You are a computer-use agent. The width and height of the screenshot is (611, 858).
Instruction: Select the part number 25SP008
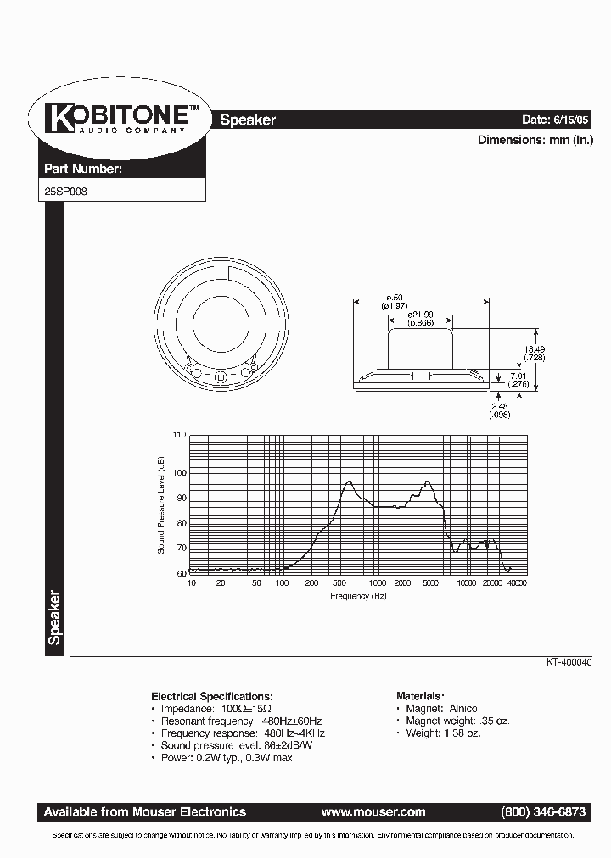coord(64,192)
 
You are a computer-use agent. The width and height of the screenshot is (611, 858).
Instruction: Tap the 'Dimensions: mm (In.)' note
coord(535,141)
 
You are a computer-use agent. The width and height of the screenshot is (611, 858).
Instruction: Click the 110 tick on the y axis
coord(178,435)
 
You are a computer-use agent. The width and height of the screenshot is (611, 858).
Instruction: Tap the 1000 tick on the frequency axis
coord(377,584)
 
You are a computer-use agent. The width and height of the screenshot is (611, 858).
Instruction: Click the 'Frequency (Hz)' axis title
coord(358,596)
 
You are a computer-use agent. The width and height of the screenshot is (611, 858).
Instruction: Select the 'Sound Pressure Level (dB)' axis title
coord(160,504)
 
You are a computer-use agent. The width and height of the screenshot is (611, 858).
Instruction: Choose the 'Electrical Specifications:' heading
coord(212,694)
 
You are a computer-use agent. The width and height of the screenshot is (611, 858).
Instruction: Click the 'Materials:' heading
coord(419,694)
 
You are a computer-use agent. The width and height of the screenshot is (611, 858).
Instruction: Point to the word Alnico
coord(462,708)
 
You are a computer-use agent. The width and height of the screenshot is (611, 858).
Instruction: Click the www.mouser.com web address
coord(373,811)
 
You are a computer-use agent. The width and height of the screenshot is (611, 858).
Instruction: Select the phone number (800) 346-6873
coord(543,811)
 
